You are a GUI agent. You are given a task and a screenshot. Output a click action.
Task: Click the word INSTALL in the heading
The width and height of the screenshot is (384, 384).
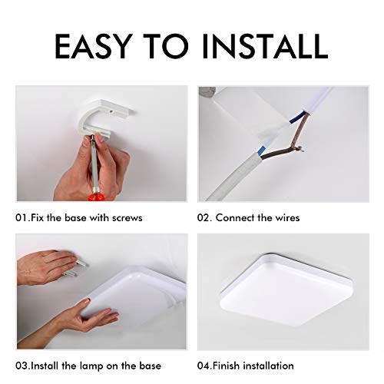coord(265,46)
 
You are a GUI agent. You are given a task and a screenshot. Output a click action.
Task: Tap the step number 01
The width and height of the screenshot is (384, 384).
coord(22,218)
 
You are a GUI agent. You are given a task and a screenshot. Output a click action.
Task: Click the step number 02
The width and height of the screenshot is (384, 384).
coord(204,218)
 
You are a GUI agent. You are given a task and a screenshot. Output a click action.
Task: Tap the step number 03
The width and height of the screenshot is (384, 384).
coord(22,366)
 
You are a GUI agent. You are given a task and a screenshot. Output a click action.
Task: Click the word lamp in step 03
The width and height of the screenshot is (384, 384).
coord(92,366)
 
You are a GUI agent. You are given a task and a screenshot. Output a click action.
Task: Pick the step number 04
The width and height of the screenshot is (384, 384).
coord(204,366)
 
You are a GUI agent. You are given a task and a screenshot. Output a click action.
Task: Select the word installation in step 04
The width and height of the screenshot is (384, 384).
coord(269,366)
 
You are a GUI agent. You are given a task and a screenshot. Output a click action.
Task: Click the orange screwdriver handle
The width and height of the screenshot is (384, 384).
coord(96,198)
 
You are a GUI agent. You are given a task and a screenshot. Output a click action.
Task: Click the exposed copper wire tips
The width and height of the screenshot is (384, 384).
coord(300,148)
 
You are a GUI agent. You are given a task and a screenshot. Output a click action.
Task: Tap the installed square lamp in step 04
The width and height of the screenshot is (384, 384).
coord(286,290)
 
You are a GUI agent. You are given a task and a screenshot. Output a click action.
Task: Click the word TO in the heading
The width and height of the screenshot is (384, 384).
coord(166,46)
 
